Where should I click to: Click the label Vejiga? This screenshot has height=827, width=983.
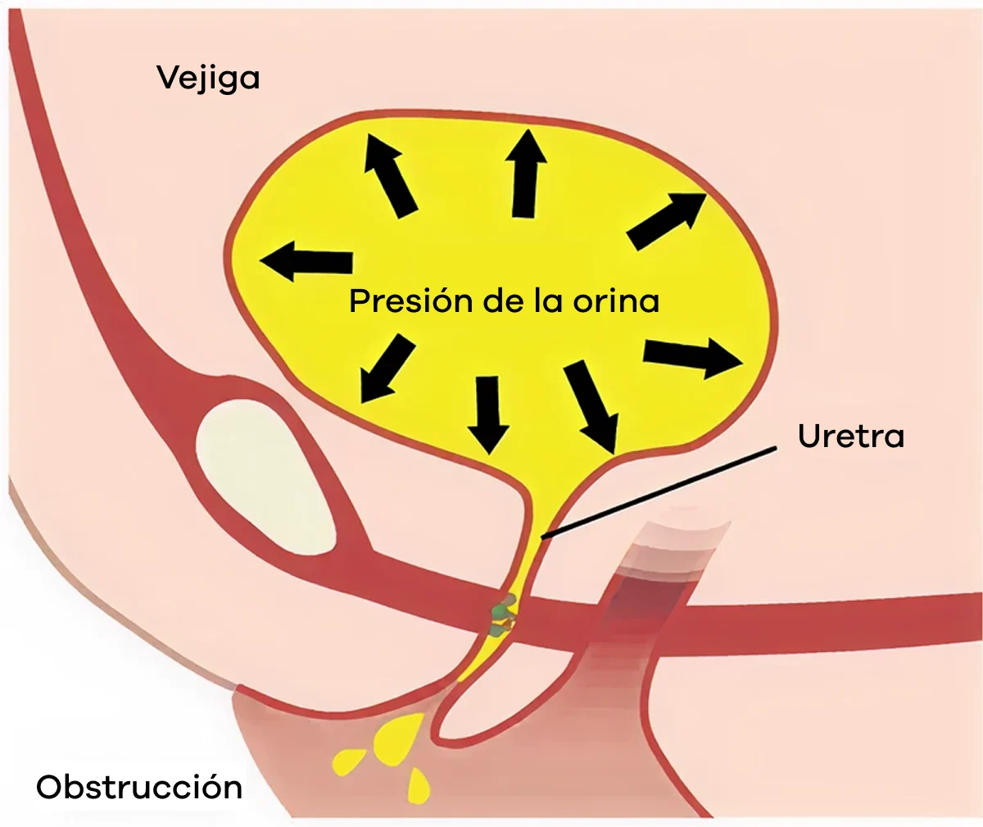[x=208, y=79]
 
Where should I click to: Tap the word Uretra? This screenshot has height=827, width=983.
[x=850, y=436]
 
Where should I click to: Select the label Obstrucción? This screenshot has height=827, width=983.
[x=139, y=788]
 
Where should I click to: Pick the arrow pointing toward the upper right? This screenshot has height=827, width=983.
[x=665, y=222]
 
